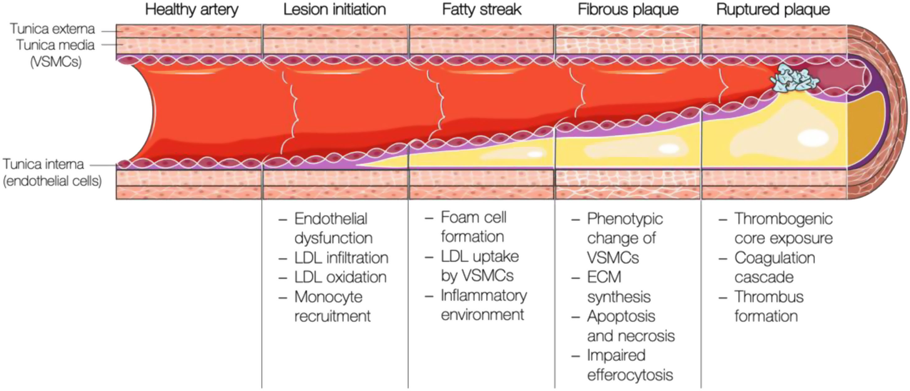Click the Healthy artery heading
192,10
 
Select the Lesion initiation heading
334,10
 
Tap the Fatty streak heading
482,10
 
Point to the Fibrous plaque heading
628,10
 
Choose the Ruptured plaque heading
773,10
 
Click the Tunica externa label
52,29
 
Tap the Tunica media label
55,45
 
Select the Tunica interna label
44,165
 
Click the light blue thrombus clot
795,81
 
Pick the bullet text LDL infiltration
341,258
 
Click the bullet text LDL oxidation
341,277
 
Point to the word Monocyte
328,297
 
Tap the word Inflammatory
483,295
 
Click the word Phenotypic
625,219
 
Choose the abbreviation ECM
604,277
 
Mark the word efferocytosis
630,375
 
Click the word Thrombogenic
783,219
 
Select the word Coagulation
774,258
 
